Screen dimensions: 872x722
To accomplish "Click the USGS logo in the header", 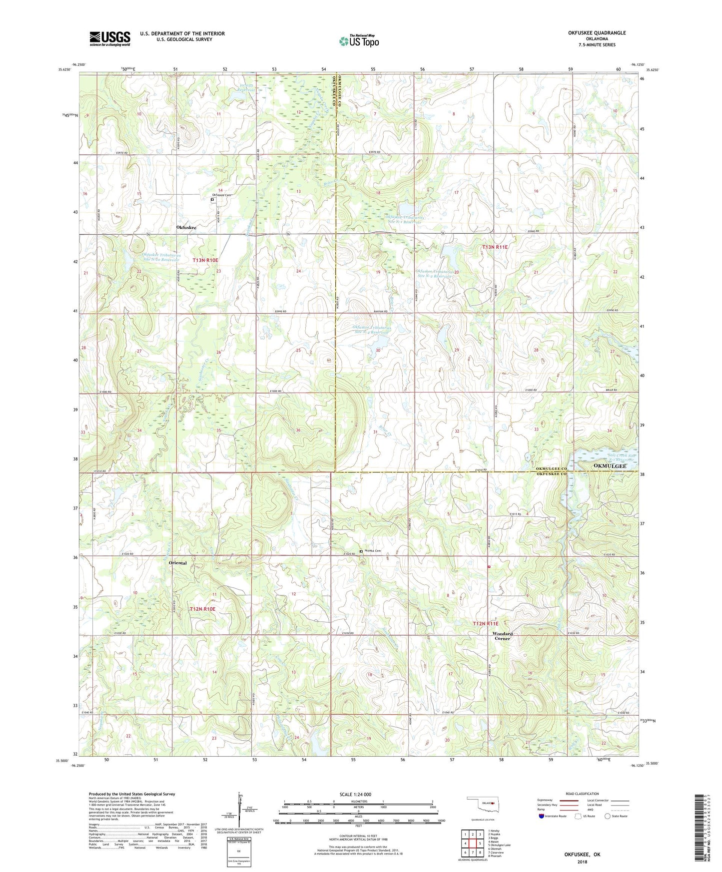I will pyautogui.click(x=109, y=38).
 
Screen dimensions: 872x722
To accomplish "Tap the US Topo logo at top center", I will pyautogui.click(x=359, y=41).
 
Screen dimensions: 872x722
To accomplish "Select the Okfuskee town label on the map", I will pyautogui.click(x=186, y=227).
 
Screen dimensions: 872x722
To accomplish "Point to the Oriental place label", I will pyautogui.click(x=178, y=563).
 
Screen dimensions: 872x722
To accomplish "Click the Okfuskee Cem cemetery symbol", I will pyautogui.click(x=212, y=200).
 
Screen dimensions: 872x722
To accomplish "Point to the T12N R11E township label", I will pyautogui.click(x=486, y=623).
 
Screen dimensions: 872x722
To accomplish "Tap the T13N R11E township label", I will pyautogui.click(x=495, y=247).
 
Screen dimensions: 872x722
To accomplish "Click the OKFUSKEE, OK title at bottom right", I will pyautogui.click(x=582, y=855).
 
